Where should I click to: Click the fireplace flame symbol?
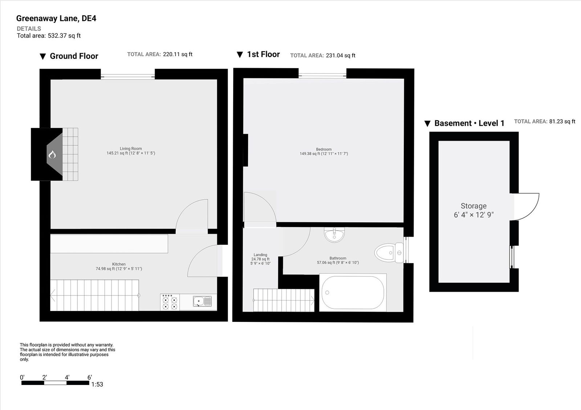pos(52,155)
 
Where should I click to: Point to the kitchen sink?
pos(202,302)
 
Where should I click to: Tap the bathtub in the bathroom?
pos(352,293)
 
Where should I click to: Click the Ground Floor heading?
pos(74,56)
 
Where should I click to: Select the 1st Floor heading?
pos(263,54)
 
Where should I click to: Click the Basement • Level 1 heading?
pos(469,123)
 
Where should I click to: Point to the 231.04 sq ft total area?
pos(340,55)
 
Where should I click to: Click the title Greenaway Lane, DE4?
pos(56,18)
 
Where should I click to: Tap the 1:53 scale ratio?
pos(97,384)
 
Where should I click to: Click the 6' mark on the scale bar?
pos(89,377)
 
